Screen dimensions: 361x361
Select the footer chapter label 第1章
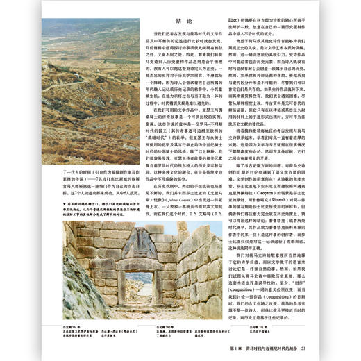click(240, 348)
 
